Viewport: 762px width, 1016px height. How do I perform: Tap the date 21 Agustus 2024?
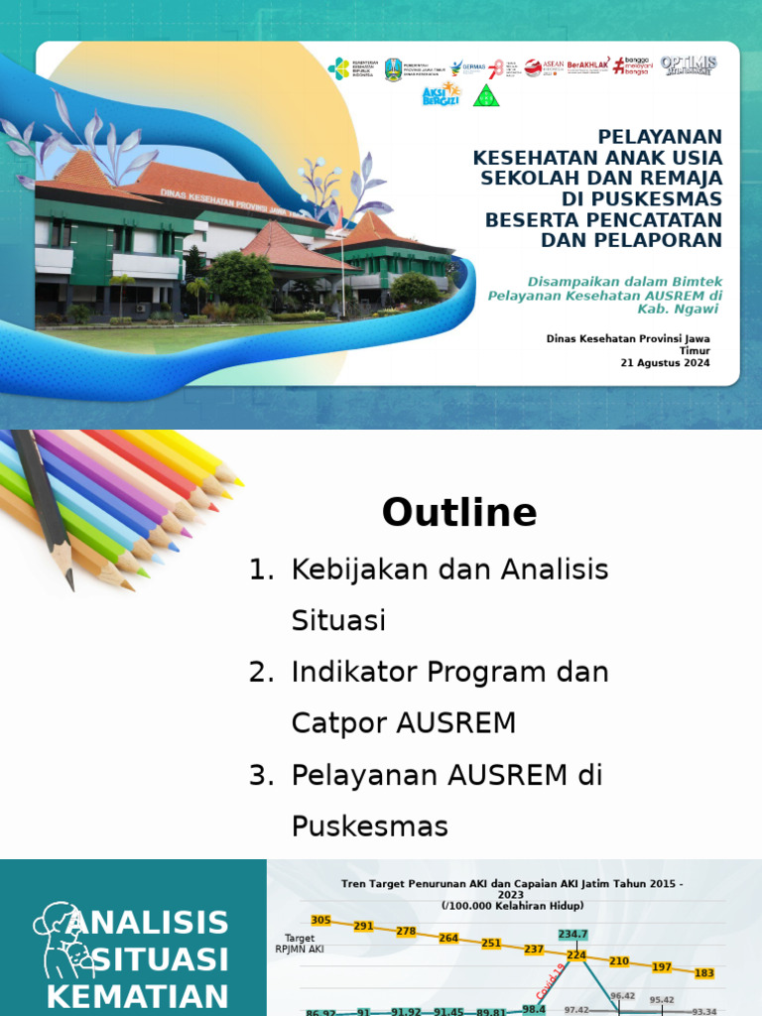click(665, 363)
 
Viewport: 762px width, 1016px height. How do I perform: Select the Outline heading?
click(459, 513)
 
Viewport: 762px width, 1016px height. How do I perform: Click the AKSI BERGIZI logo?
click(442, 94)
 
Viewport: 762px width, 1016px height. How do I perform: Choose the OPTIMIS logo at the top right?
click(688, 65)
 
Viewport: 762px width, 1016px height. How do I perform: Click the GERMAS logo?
click(467, 67)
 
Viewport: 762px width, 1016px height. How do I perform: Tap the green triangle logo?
click(486, 95)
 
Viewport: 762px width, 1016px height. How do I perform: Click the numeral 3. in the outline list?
click(261, 775)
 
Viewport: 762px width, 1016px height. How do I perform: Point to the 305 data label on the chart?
click(321, 920)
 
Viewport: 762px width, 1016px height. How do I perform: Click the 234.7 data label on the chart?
click(573, 935)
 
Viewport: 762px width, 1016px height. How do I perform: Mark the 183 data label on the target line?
click(704, 973)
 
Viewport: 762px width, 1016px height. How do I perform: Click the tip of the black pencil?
click(70, 585)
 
